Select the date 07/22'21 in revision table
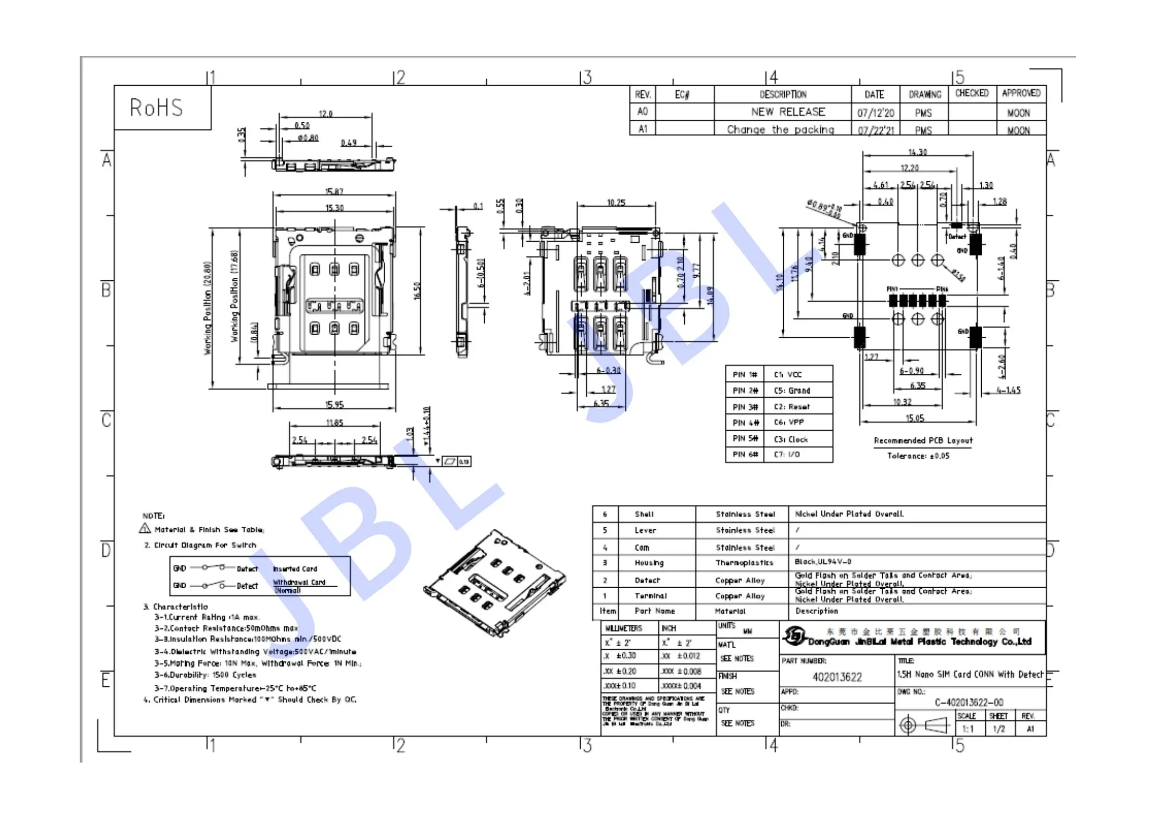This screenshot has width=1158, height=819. click(x=876, y=130)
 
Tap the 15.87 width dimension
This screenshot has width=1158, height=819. click(x=334, y=192)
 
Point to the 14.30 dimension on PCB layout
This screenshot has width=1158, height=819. click(x=917, y=152)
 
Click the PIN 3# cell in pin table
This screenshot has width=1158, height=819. click(x=745, y=407)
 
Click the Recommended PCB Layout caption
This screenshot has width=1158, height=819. click(x=922, y=440)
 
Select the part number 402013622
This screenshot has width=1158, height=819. click(x=837, y=677)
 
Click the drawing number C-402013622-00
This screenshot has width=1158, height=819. click(x=968, y=702)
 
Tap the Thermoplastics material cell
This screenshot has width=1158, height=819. click(x=744, y=563)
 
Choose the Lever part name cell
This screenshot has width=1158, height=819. click(x=645, y=530)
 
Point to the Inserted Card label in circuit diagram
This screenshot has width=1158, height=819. click(x=295, y=568)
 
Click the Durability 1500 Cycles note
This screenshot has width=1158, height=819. click(x=205, y=675)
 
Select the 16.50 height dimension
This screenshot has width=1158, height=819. click(x=416, y=291)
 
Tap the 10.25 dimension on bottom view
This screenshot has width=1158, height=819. click(x=616, y=203)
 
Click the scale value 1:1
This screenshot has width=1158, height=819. click(x=967, y=729)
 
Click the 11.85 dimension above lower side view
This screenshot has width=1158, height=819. click(x=334, y=422)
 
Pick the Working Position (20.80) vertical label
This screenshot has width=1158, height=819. click(x=208, y=307)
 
